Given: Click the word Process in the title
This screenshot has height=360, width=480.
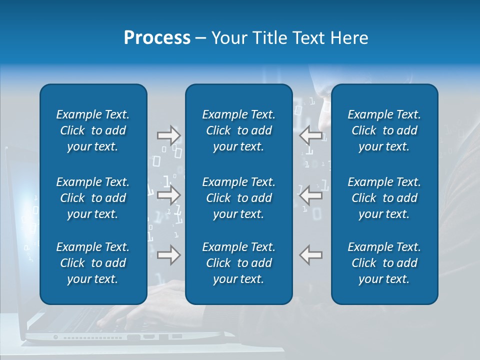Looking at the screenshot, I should pyautogui.click(x=156, y=38).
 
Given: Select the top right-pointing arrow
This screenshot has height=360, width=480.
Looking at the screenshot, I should pyautogui.click(x=168, y=135).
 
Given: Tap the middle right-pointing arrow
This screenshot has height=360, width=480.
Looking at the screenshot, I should pyautogui.click(x=168, y=195).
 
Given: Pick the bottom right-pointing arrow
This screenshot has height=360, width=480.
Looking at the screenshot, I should pyautogui.click(x=168, y=255).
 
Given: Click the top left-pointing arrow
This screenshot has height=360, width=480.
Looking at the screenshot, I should pyautogui.click(x=310, y=135).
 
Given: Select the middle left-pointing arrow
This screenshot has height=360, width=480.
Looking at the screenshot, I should pyautogui.click(x=310, y=195).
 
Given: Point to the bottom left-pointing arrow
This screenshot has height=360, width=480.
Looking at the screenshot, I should pyautogui.click(x=310, y=255).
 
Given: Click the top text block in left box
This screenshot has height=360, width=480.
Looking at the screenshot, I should pyautogui.click(x=93, y=130).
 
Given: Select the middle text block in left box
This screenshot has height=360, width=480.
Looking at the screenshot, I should pyautogui.click(x=93, y=198).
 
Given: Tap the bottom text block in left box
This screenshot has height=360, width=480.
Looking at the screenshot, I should pyautogui.click(x=93, y=263).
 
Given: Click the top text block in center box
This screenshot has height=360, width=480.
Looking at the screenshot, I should pyautogui.click(x=238, y=130).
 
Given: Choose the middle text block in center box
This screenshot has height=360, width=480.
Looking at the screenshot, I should pyautogui.click(x=238, y=198).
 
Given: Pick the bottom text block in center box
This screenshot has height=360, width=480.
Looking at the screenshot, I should pyautogui.click(x=238, y=263).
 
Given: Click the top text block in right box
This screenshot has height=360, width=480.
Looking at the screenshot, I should pyautogui.click(x=384, y=130).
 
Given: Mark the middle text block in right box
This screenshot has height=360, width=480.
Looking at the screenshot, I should pyautogui.click(x=384, y=198).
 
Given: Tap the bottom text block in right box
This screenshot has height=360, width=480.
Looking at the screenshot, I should pyautogui.click(x=384, y=263).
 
